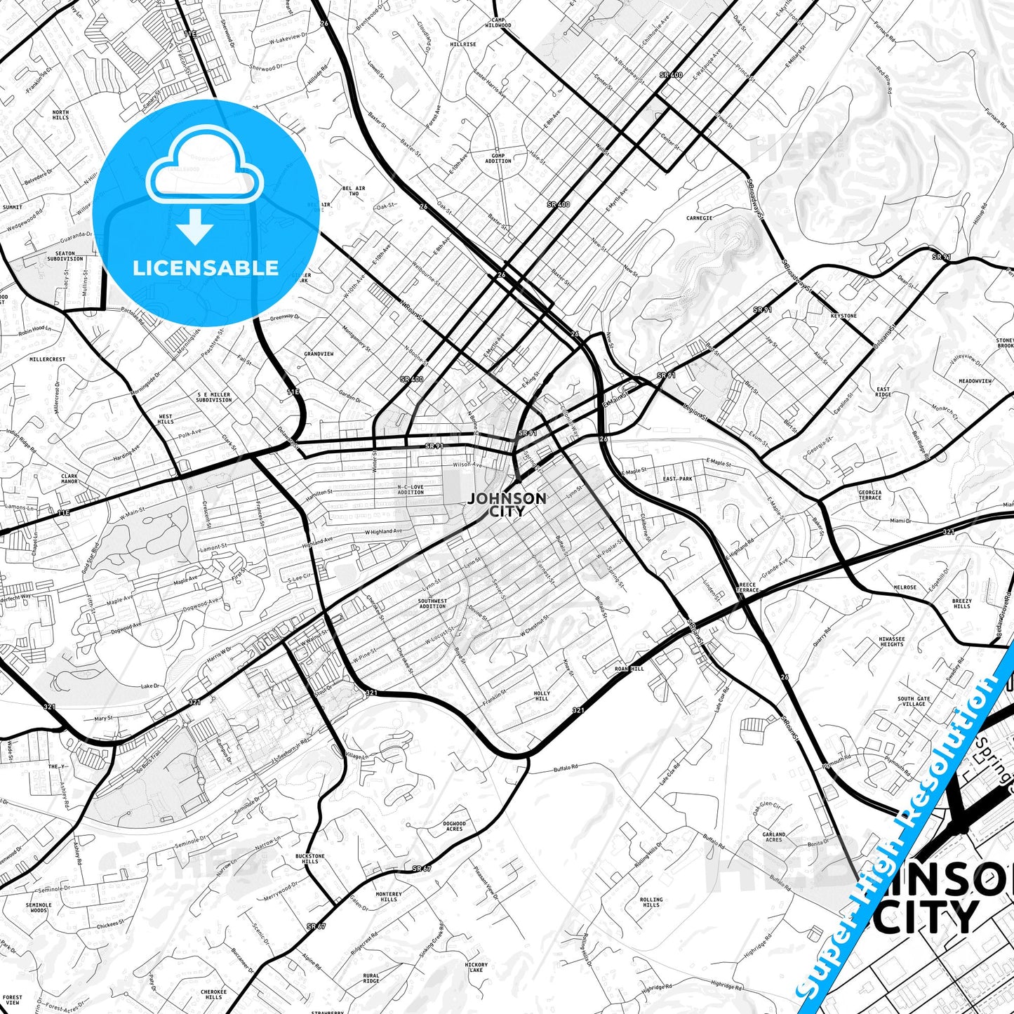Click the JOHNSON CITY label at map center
(507, 505)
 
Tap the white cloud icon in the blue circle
(205, 169)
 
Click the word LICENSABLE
(206, 267)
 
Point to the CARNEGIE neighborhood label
(699, 218)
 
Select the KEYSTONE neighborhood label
(843, 316)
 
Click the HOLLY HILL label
(542, 696)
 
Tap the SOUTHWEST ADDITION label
(432, 603)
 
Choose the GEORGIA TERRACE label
(870, 495)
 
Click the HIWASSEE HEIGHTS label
(892, 641)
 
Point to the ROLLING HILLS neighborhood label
(651, 902)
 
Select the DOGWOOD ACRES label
(454, 826)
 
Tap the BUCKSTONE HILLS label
(309, 858)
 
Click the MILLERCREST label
(48, 359)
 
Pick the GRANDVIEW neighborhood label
(319, 354)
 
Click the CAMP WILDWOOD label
(498, 22)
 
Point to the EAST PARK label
(677, 479)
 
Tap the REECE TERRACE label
(747, 587)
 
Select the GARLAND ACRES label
(774, 836)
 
